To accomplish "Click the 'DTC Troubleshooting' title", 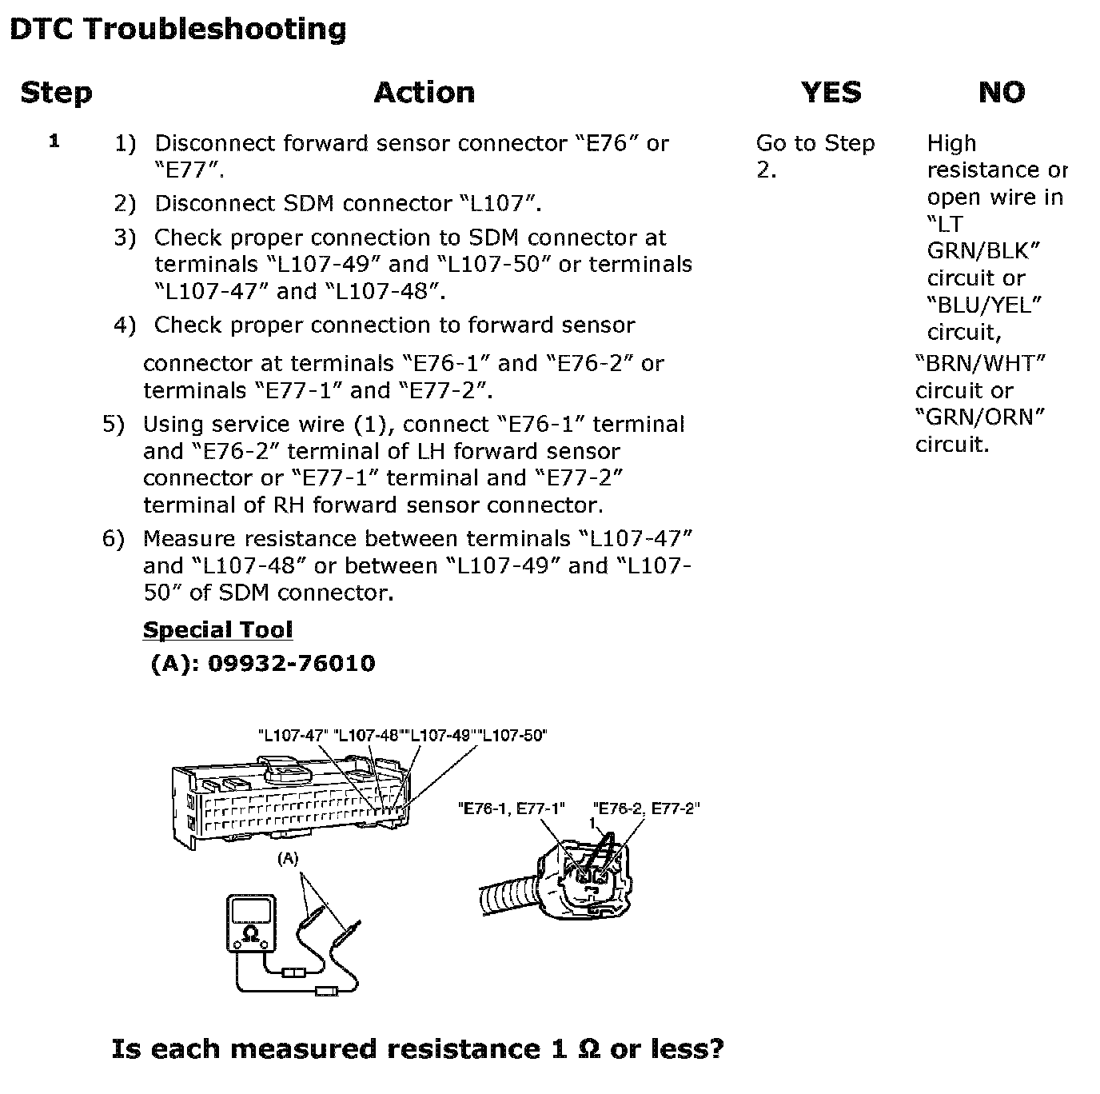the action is click(178, 29).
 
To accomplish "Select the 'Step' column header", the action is click(56, 93).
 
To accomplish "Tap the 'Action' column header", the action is click(424, 93).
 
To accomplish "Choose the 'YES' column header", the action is click(831, 92).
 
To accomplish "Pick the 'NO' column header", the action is click(1002, 92).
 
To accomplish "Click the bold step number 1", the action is click(54, 141).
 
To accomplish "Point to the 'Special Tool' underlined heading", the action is click(217, 629).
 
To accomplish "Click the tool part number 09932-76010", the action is click(291, 663).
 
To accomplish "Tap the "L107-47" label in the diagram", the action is click(293, 735).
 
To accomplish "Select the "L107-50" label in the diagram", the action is click(512, 735).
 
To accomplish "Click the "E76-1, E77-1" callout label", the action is click(512, 809).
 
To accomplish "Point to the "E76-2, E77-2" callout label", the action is click(646, 809).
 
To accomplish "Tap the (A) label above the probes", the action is click(288, 859).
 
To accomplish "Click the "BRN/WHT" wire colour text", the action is click(980, 363).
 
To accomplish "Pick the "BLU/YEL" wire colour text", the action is click(984, 305).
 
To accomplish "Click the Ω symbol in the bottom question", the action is click(589, 1049).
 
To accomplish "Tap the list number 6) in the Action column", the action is click(113, 538).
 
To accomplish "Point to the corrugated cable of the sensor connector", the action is click(509, 901).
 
